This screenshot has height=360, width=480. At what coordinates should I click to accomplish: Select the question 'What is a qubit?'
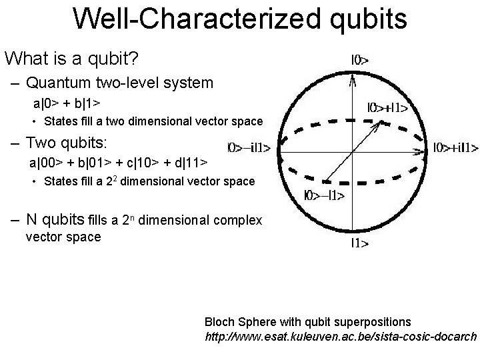click(x=71, y=59)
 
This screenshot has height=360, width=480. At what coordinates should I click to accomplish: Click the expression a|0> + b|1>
click(x=67, y=104)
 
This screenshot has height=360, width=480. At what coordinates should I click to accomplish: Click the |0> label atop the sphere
click(x=360, y=60)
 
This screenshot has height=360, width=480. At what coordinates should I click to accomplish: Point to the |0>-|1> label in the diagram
click(x=323, y=195)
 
